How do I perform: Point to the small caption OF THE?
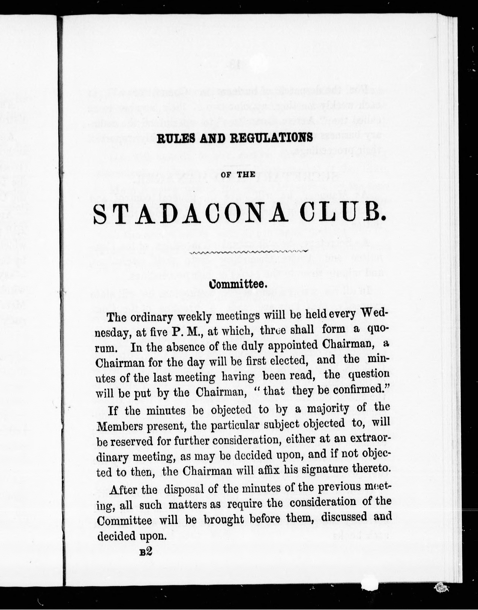[x=238, y=175]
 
